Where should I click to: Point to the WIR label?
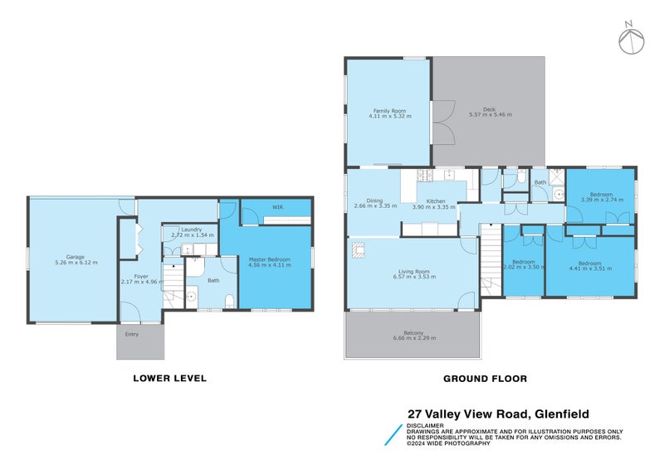(x=277, y=206)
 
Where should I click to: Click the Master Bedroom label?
(x=269, y=259)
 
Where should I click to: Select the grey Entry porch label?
(x=132, y=335)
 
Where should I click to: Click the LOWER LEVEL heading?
(x=170, y=379)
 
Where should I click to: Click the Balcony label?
(x=413, y=333)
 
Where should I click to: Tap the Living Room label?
(x=413, y=271)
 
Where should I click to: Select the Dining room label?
(x=375, y=201)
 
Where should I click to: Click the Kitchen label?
(x=436, y=201)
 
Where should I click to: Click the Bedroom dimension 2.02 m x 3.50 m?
(x=523, y=268)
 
